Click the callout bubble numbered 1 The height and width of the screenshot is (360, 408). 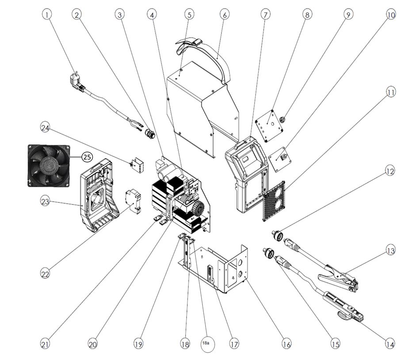click(x=47, y=14)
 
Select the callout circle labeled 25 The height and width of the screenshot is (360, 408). click(x=87, y=157)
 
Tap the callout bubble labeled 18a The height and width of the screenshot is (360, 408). click(x=207, y=343)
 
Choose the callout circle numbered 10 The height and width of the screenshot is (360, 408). click(x=391, y=14)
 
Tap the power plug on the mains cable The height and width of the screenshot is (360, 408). click(x=76, y=82)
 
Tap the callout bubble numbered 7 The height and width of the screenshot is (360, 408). click(x=265, y=14)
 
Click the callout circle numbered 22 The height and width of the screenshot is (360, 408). click(x=45, y=274)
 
